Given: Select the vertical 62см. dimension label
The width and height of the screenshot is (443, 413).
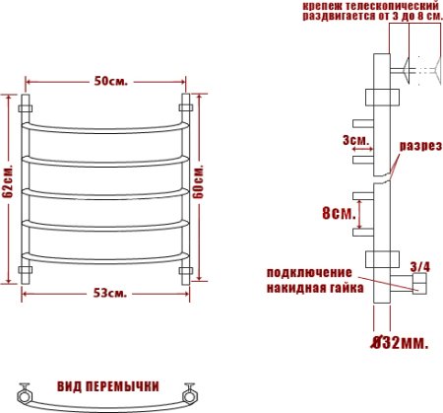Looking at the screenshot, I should pos(7,183).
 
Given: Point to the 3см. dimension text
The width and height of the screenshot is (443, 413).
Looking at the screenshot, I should pos(355,141).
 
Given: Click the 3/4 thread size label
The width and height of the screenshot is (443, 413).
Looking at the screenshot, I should pos(418,265).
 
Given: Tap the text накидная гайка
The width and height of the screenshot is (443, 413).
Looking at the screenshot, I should pos(313,288).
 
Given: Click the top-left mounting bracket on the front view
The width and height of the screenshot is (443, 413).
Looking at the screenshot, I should pos(28,103).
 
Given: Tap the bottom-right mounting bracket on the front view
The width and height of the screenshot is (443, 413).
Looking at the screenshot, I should pos(184,269).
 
